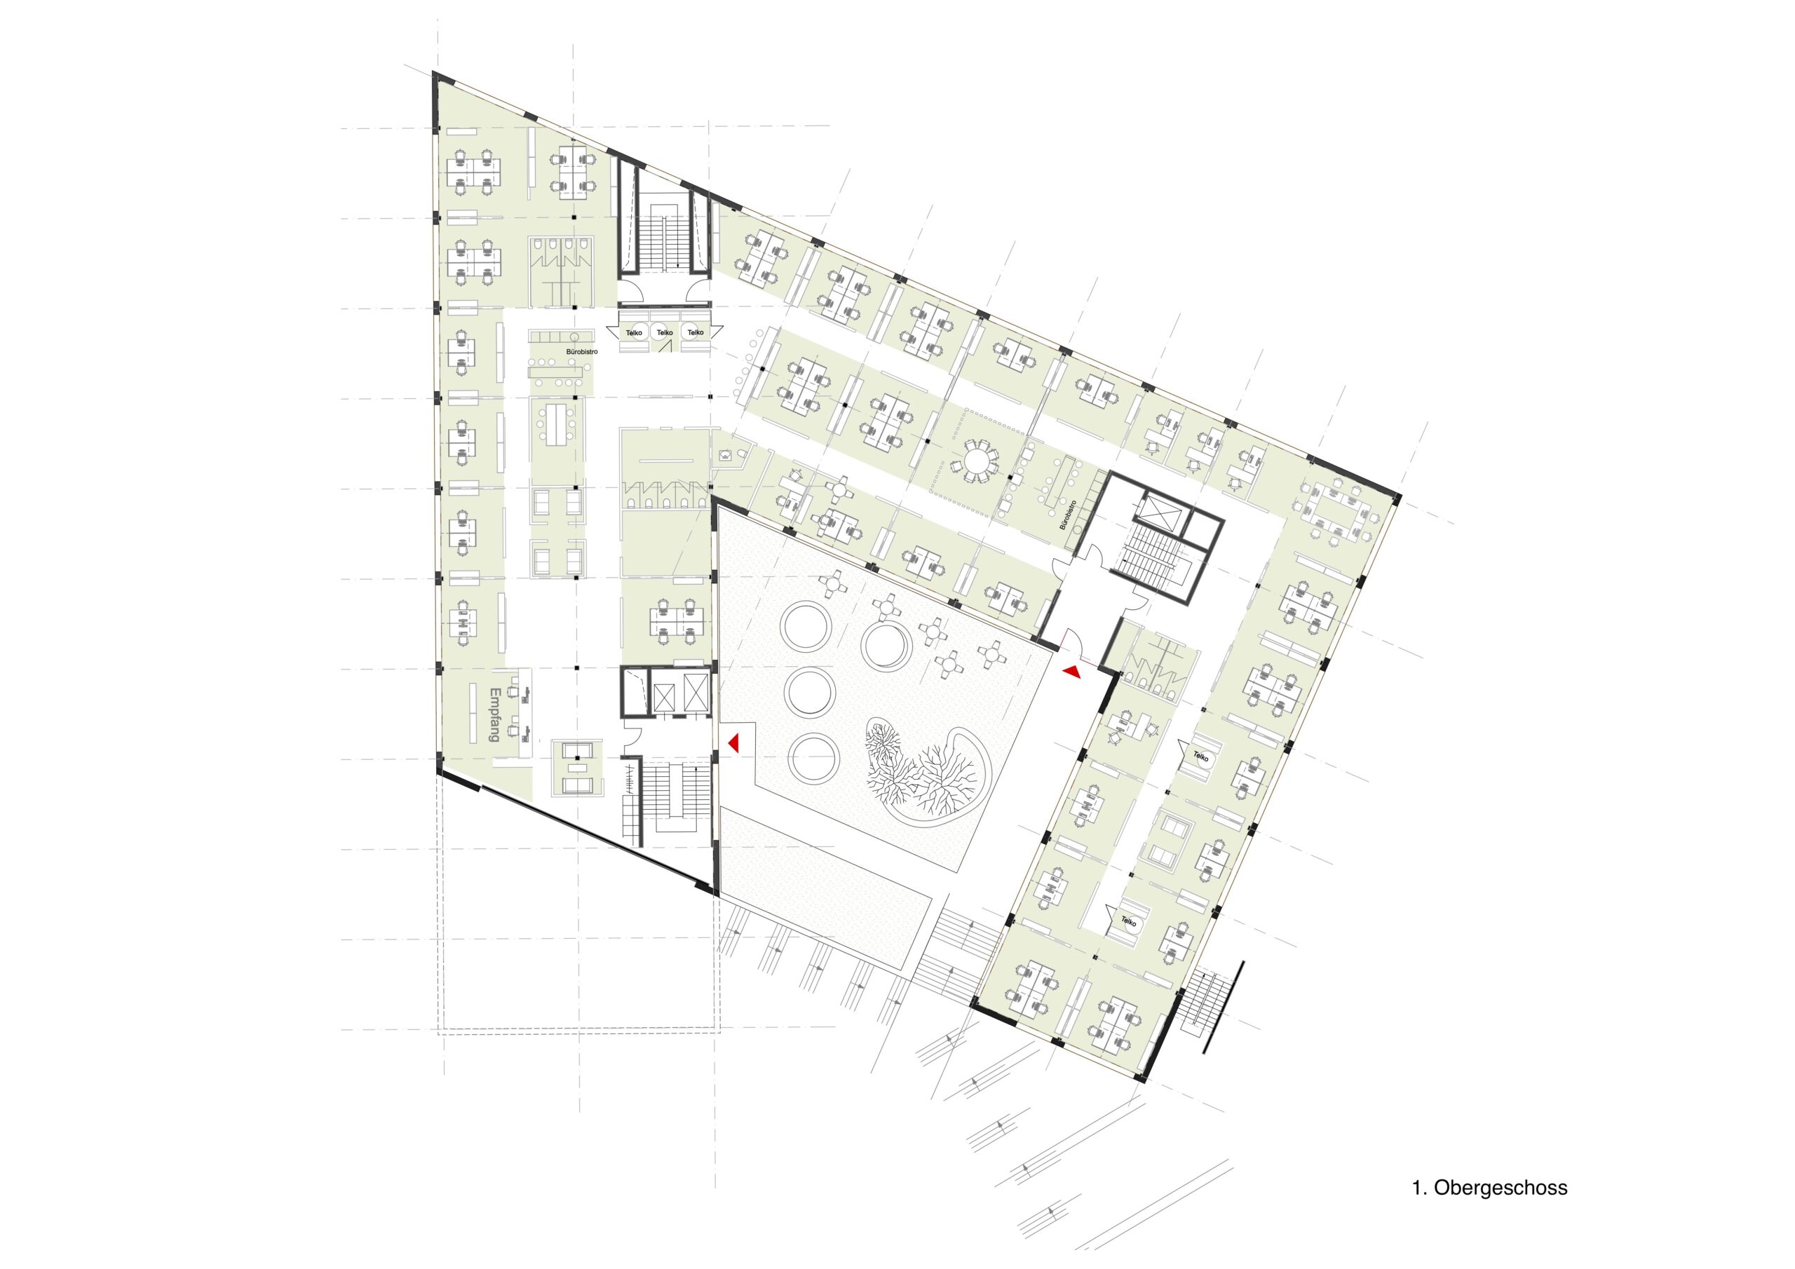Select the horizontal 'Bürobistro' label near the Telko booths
click(583, 352)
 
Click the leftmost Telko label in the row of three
click(634, 333)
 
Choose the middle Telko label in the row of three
click(665, 333)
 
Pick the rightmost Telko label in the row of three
click(695, 333)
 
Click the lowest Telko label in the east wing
click(1128, 921)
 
